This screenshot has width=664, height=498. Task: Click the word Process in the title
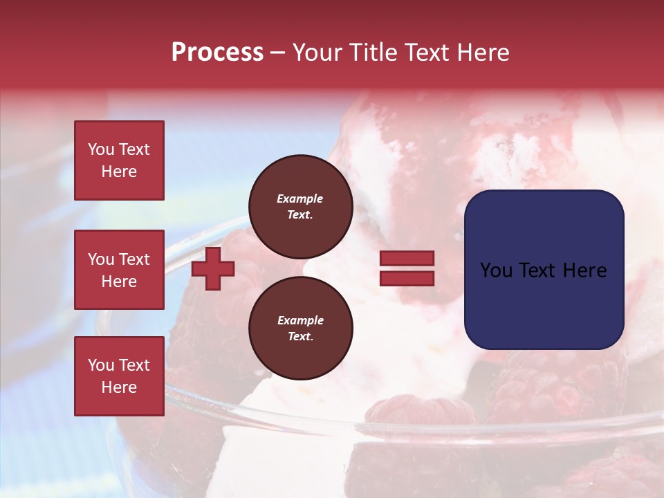(217, 53)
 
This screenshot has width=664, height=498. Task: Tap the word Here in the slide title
(481, 53)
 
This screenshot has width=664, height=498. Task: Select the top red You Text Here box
(119, 160)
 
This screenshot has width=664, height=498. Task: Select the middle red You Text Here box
(119, 270)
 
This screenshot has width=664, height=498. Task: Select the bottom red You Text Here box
(119, 376)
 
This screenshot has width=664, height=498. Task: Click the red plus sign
(213, 268)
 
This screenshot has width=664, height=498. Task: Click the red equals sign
(407, 268)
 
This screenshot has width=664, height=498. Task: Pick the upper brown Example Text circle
(300, 207)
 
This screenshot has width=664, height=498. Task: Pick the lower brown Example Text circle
(300, 329)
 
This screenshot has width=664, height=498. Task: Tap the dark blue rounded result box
(544, 270)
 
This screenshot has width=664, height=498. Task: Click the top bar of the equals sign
(407, 259)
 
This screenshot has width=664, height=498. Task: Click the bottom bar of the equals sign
(407, 278)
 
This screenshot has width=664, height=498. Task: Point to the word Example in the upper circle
(300, 199)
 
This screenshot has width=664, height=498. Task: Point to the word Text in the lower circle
(300, 337)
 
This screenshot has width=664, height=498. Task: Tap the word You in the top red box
(100, 149)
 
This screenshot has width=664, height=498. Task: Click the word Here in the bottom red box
(119, 387)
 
